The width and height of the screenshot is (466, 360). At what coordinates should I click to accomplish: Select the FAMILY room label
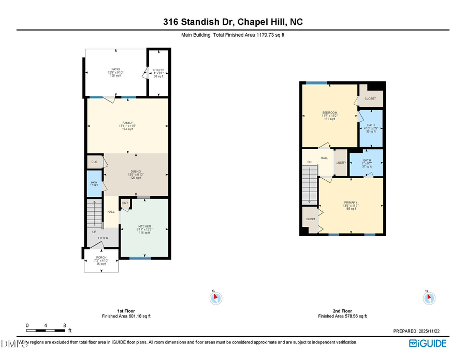pos(127,123)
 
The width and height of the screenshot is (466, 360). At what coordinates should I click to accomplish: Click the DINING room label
pos(136,172)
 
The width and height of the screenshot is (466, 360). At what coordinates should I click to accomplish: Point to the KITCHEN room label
pos(143,226)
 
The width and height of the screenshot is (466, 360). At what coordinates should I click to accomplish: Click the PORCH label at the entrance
pos(101,257)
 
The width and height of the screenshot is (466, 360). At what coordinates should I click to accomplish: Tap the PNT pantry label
pos(125,203)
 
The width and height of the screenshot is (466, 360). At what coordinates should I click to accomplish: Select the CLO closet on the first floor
pos(94,162)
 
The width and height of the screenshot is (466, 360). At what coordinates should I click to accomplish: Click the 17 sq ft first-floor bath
pos(94,183)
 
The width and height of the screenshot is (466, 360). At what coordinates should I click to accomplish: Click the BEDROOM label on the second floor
pos(330,113)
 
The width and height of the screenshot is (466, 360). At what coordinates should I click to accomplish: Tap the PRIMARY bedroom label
pos(351,203)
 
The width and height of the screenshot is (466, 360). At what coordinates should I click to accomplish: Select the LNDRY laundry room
pos(341,163)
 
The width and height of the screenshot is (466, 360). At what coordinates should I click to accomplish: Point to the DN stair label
pos(309,162)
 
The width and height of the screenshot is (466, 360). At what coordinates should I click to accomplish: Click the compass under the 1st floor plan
pos(216,298)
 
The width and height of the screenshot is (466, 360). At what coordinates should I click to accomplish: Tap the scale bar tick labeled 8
pos(65,326)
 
